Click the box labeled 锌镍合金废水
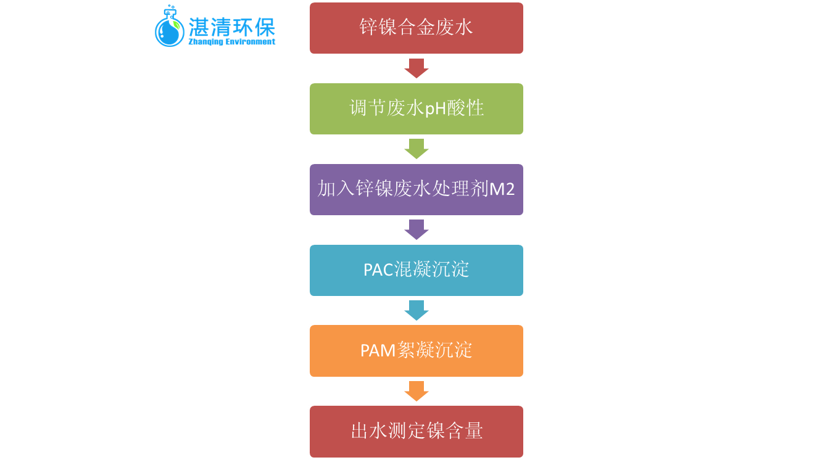coord(416,28)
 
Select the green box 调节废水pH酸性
coord(416,109)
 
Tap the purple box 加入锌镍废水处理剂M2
coord(416,189)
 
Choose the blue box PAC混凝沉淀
coord(416,270)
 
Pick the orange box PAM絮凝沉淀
coord(416,350)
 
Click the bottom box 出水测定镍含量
coord(416,431)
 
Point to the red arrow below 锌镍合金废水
coord(416,68)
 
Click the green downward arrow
coord(416,149)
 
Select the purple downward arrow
coord(416,229)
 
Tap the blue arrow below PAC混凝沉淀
coord(416,310)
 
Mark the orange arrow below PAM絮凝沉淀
coord(416,391)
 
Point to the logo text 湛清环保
coord(232,27)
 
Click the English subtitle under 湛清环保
coord(232,43)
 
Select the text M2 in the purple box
coord(502,189)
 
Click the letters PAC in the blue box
coord(378,270)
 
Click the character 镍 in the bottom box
coord(436,431)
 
